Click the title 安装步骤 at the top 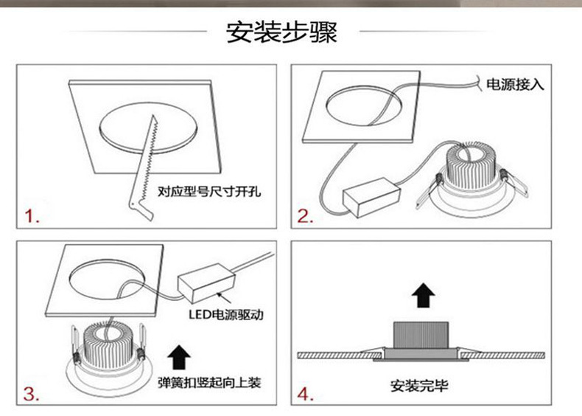(281, 33)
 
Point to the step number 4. (305, 395)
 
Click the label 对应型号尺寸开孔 (210, 193)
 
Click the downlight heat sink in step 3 (111, 343)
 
